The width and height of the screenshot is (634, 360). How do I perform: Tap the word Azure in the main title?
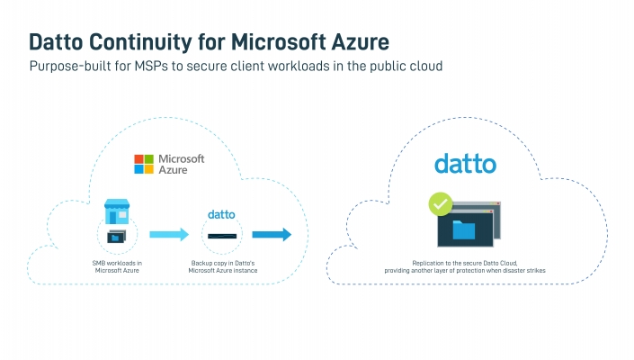[x=361, y=41]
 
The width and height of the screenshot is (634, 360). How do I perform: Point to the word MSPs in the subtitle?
[x=151, y=66]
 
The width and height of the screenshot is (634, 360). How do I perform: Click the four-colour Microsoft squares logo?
[x=144, y=164]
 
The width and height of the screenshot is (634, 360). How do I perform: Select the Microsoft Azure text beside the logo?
[x=181, y=164]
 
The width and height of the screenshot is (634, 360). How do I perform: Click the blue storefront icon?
[x=117, y=211]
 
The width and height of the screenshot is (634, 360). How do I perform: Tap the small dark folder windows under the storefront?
[x=116, y=236]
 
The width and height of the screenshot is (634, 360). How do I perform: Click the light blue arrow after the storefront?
[x=169, y=234]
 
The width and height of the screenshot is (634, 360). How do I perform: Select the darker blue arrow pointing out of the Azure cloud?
[x=272, y=234]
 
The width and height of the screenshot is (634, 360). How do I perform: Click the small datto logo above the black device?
[x=221, y=214]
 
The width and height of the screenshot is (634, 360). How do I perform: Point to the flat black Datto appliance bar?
[x=222, y=236]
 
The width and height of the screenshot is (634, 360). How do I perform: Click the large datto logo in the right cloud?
[x=466, y=164]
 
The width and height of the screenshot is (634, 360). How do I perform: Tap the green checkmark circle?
[x=441, y=204]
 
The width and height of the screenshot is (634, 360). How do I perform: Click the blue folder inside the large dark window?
[x=464, y=229]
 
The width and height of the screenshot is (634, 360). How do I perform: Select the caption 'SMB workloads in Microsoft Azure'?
[x=117, y=266]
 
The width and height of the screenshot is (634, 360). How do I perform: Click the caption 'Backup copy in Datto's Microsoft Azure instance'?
[x=223, y=266]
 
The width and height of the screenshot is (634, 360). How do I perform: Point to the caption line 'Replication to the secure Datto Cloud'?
[x=465, y=263]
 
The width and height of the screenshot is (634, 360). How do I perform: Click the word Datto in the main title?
[x=56, y=42]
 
